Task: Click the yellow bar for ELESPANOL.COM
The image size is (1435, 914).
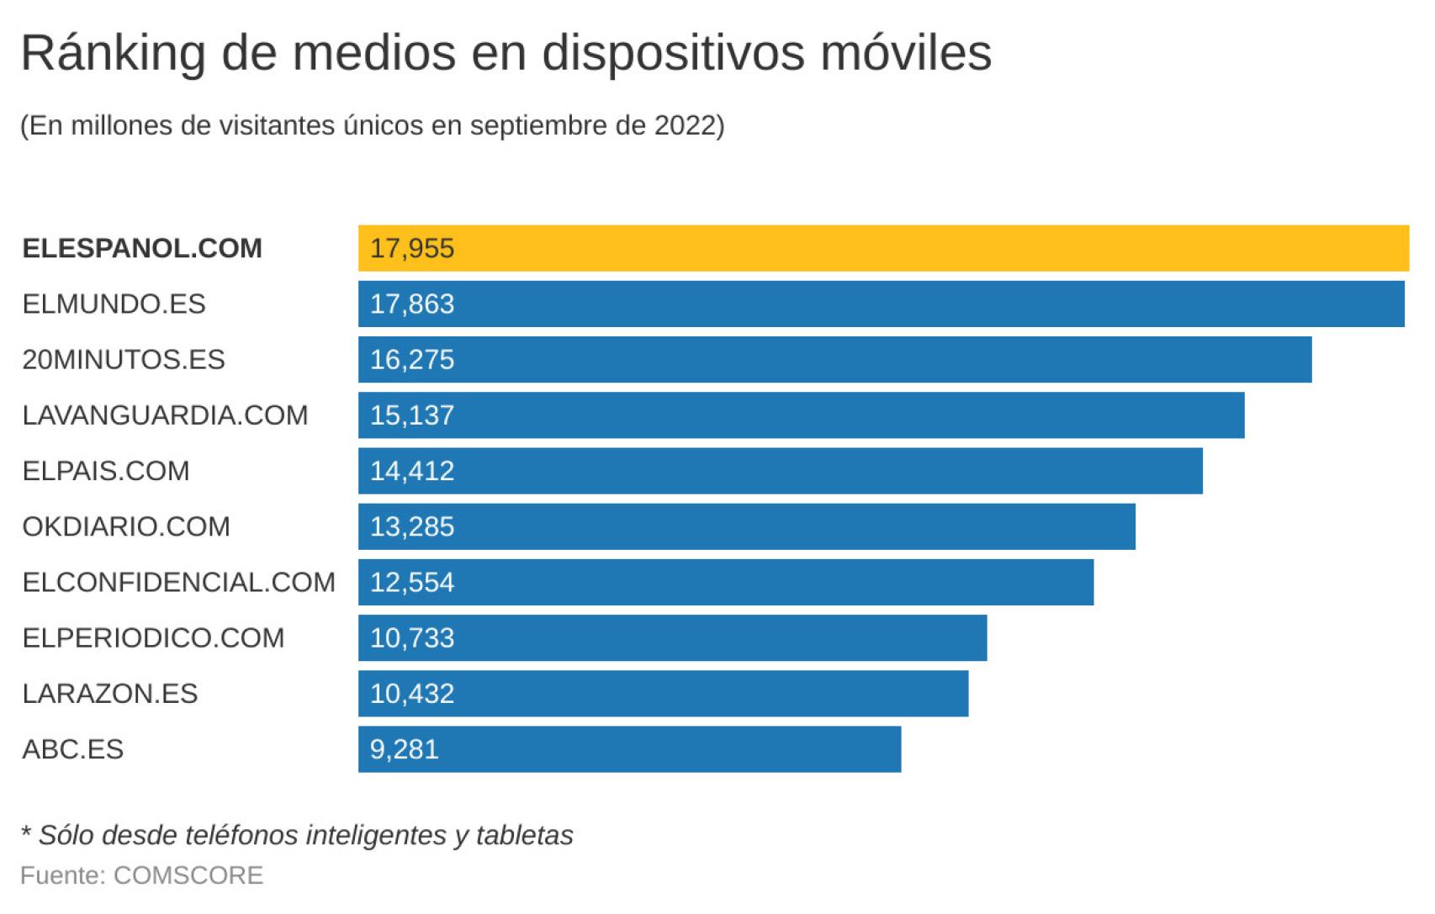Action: (x=883, y=248)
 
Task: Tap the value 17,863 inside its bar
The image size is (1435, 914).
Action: (x=412, y=304)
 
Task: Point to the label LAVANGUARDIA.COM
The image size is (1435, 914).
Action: (x=165, y=415)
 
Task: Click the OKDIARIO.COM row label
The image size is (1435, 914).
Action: (x=126, y=526)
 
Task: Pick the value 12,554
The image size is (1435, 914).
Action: (x=412, y=582)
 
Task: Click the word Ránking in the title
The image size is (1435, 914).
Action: (x=114, y=54)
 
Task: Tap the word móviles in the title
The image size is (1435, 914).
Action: (x=906, y=52)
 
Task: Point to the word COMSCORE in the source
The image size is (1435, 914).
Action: (x=188, y=875)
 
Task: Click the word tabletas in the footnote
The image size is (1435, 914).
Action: (x=524, y=835)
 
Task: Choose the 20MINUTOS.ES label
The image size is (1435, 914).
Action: (x=124, y=360)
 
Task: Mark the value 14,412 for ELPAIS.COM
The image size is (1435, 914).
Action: (x=412, y=471)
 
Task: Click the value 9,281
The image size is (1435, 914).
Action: (x=405, y=749)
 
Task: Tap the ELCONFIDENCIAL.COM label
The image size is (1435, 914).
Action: (x=178, y=582)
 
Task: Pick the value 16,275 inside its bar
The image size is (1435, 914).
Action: (x=412, y=360)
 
